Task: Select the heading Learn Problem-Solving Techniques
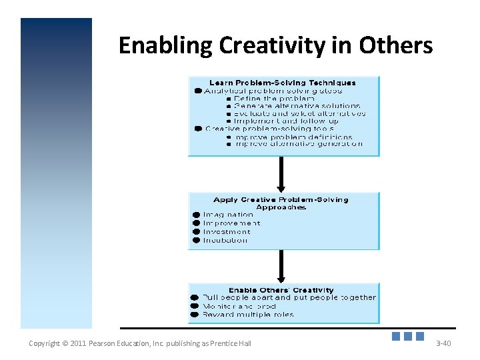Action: [283, 83]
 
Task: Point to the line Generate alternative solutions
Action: [297, 106]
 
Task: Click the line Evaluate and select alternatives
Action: [299, 113]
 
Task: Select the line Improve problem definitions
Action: [293, 136]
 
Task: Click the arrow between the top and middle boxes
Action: [281, 174]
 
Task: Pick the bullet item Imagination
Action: [228, 215]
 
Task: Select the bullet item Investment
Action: [227, 232]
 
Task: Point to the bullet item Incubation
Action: [225, 240]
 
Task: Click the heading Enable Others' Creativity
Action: [281, 290]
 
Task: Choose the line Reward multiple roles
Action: [248, 314]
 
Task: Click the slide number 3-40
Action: [443, 343]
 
